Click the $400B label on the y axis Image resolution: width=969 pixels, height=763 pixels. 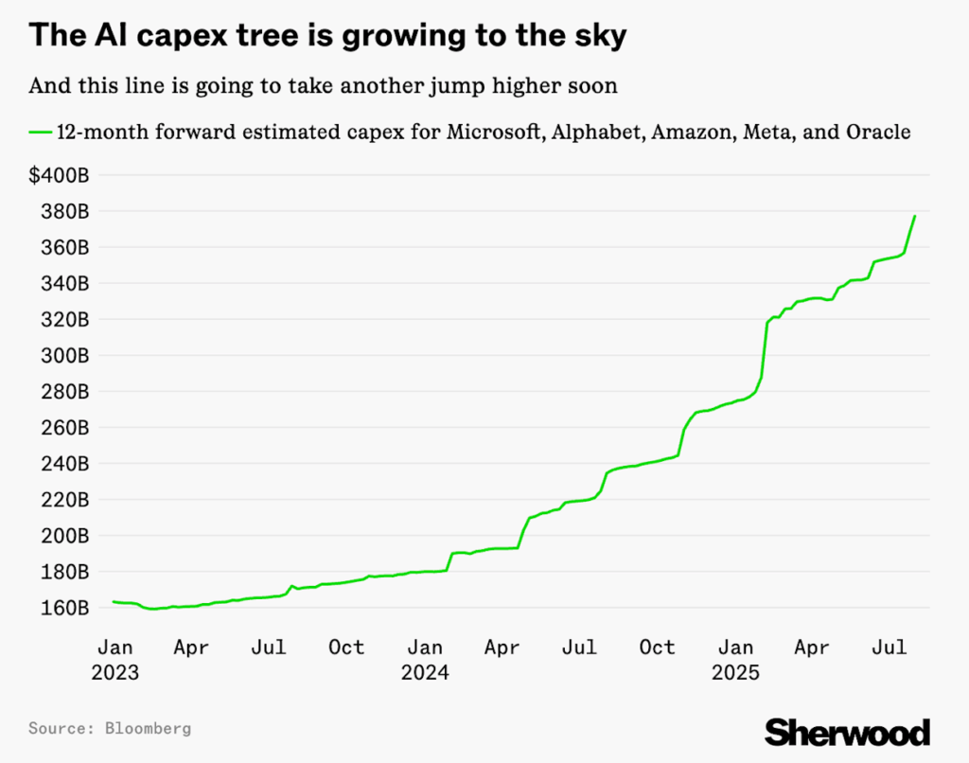point(59,175)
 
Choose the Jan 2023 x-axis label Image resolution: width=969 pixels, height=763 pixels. point(115,660)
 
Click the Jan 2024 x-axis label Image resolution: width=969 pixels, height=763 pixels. point(425,660)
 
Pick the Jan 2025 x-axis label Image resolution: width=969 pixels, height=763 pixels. point(735,660)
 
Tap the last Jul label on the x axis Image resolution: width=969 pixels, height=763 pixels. point(890,648)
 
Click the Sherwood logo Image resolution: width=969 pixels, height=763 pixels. point(847,731)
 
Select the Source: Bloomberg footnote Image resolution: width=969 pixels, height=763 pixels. point(110,728)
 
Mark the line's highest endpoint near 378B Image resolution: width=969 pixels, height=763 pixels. point(915,216)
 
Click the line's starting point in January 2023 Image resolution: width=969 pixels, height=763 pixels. point(114,601)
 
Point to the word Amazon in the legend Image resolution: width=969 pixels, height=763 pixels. point(692,133)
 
